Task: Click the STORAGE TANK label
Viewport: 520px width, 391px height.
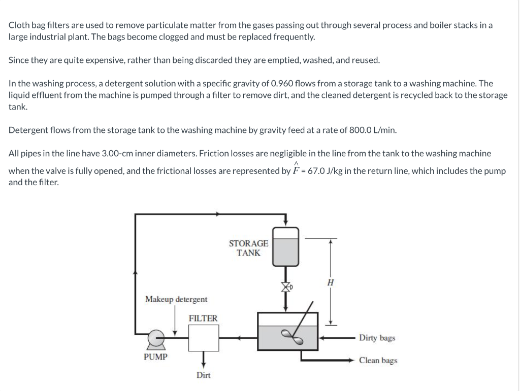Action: (x=248, y=248)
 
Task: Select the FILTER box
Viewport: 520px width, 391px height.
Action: (x=204, y=337)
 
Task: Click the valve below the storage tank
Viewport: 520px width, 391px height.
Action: (x=286, y=288)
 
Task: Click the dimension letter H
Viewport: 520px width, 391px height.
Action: (x=330, y=282)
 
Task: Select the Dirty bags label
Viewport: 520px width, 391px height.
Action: (x=377, y=338)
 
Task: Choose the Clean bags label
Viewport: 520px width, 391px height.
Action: (x=378, y=361)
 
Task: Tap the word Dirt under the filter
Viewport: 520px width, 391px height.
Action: (x=204, y=375)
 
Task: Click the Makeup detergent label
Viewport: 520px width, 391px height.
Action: (x=176, y=300)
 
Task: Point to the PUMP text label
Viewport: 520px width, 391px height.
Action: (x=155, y=357)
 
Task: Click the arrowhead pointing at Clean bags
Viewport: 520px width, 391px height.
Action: (x=351, y=361)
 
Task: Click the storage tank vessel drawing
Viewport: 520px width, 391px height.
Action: (x=286, y=246)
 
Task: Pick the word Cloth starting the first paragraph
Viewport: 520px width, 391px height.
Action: (x=19, y=25)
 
